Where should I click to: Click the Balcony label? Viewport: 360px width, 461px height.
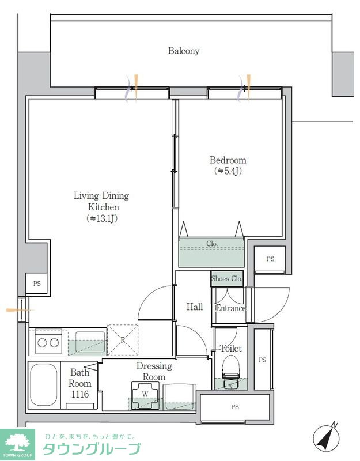pyautogui.click(x=184, y=51)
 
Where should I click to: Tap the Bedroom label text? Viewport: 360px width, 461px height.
pyautogui.click(x=228, y=160)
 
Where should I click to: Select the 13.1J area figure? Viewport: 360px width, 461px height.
pyautogui.click(x=103, y=218)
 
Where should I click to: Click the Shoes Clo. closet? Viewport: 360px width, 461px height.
pyautogui.click(x=227, y=279)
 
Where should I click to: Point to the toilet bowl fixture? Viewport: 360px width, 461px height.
pyautogui.click(x=232, y=372)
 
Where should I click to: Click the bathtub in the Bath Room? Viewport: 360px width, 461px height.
pyautogui.click(x=44, y=385)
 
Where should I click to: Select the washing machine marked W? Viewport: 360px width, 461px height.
pyautogui.click(x=145, y=395)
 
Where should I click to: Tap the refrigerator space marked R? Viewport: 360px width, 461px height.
pyautogui.click(x=123, y=340)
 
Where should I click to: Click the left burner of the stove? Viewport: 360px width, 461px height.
pyautogui.click(x=41, y=342)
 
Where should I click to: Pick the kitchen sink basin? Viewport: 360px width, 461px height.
pyautogui.click(x=90, y=342)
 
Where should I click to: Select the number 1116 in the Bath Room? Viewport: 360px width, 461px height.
pyautogui.click(x=80, y=394)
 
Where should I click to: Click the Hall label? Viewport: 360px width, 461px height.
pyautogui.click(x=195, y=307)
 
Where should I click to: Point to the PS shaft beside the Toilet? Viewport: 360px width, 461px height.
pyautogui.click(x=263, y=360)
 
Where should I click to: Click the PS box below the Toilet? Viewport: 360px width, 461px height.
pyautogui.click(x=235, y=407)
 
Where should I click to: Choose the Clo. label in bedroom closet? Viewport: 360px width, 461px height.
pyautogui.click(x=212, y=244)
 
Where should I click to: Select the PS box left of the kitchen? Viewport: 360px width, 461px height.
pyautogui.click(x=37, y=284)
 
